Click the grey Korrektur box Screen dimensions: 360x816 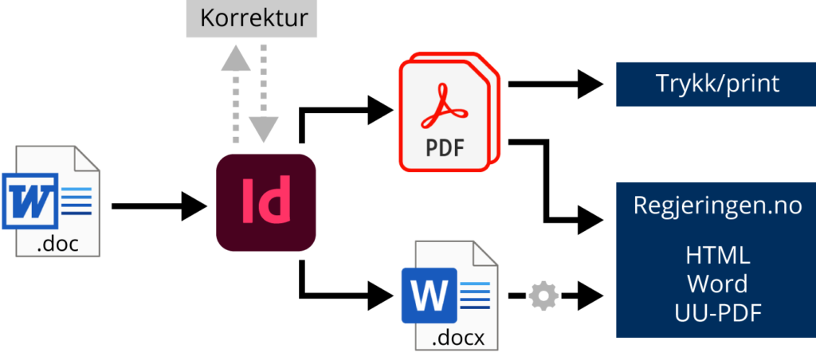pyautogui.click(x=253, y=18)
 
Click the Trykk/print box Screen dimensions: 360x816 pyautogui.click(x=716, y=84)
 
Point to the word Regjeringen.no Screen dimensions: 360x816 pyautogui.click(x=716, y=205)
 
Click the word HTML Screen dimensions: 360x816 pyautogui.click(x=716, y=256)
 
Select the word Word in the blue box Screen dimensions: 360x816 pyautogui.click(x=716, y=284)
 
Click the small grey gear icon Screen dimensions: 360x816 pyautogui.click(x=543, y=296)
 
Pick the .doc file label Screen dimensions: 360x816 pyautogui.click(x=57, y=244)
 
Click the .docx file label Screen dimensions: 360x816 pyautogui.click(x=457, y=338)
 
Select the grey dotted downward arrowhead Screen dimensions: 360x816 pyautogui.click(x=264, y=127)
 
